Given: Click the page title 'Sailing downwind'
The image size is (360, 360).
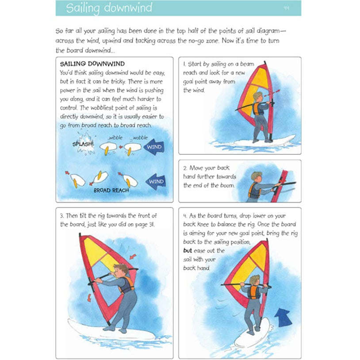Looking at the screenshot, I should pyautogui.click(x=109, y=8).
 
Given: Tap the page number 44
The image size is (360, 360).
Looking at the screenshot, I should pyautogui.click(x=287, y=8).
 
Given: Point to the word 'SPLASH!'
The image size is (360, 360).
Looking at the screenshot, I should pyautogui.click(x=83, y=144).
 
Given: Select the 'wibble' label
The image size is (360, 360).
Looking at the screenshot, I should pyautogui.click(x=115, y=138).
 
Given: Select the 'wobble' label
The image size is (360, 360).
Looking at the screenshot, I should pyautogui.click(x=140, y=138).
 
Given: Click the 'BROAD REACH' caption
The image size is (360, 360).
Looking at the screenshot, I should pyautogui.click(x=111, y=191).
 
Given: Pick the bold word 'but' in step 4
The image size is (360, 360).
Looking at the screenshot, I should pyautogui.click(x=188, y=251).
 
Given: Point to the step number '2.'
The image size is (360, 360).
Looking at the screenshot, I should pyautogui.click(x=185, y=168).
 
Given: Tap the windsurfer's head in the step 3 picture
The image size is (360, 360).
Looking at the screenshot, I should pyautogui.click(x=120, y=269).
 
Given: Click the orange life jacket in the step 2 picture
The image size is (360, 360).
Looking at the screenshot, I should pyautogui.click(x=254, y=191).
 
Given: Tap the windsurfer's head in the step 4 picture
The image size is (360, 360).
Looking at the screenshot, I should pyautogui.click(x=254, y=280).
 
